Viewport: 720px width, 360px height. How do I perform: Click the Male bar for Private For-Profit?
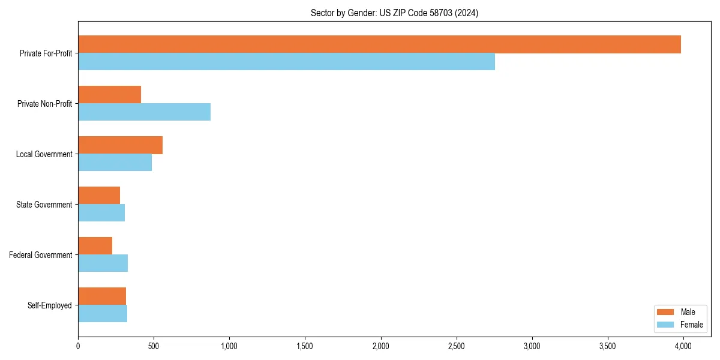click(379, 44)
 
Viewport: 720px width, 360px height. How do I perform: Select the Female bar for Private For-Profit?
click(286, 62)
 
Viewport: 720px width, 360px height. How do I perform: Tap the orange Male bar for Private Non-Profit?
click(109, 95)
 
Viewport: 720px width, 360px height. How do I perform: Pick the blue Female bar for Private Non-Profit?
click(144, 112)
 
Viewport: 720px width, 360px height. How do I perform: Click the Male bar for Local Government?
click(120, 145)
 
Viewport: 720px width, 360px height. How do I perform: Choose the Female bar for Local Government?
click(115, 163)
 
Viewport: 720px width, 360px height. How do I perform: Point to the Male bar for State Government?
click(99, 196)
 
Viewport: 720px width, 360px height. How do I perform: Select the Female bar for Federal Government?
click(103, 263)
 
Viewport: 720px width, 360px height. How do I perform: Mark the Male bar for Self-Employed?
click(102, 296)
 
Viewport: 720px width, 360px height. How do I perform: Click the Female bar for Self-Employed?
click(103, 314)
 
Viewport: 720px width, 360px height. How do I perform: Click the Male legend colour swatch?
click(666, 312)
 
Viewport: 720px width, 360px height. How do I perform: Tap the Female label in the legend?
click(692, 325)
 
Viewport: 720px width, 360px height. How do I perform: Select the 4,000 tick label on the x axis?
click(683, 346)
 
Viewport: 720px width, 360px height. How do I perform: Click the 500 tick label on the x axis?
click(154, 346)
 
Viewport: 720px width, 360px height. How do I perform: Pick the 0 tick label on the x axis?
click(78, 346)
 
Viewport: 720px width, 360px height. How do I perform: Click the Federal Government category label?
click(41, 255)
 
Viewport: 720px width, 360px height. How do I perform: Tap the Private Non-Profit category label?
click(44, 104)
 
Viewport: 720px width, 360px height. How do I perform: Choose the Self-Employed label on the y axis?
click(50, 305)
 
